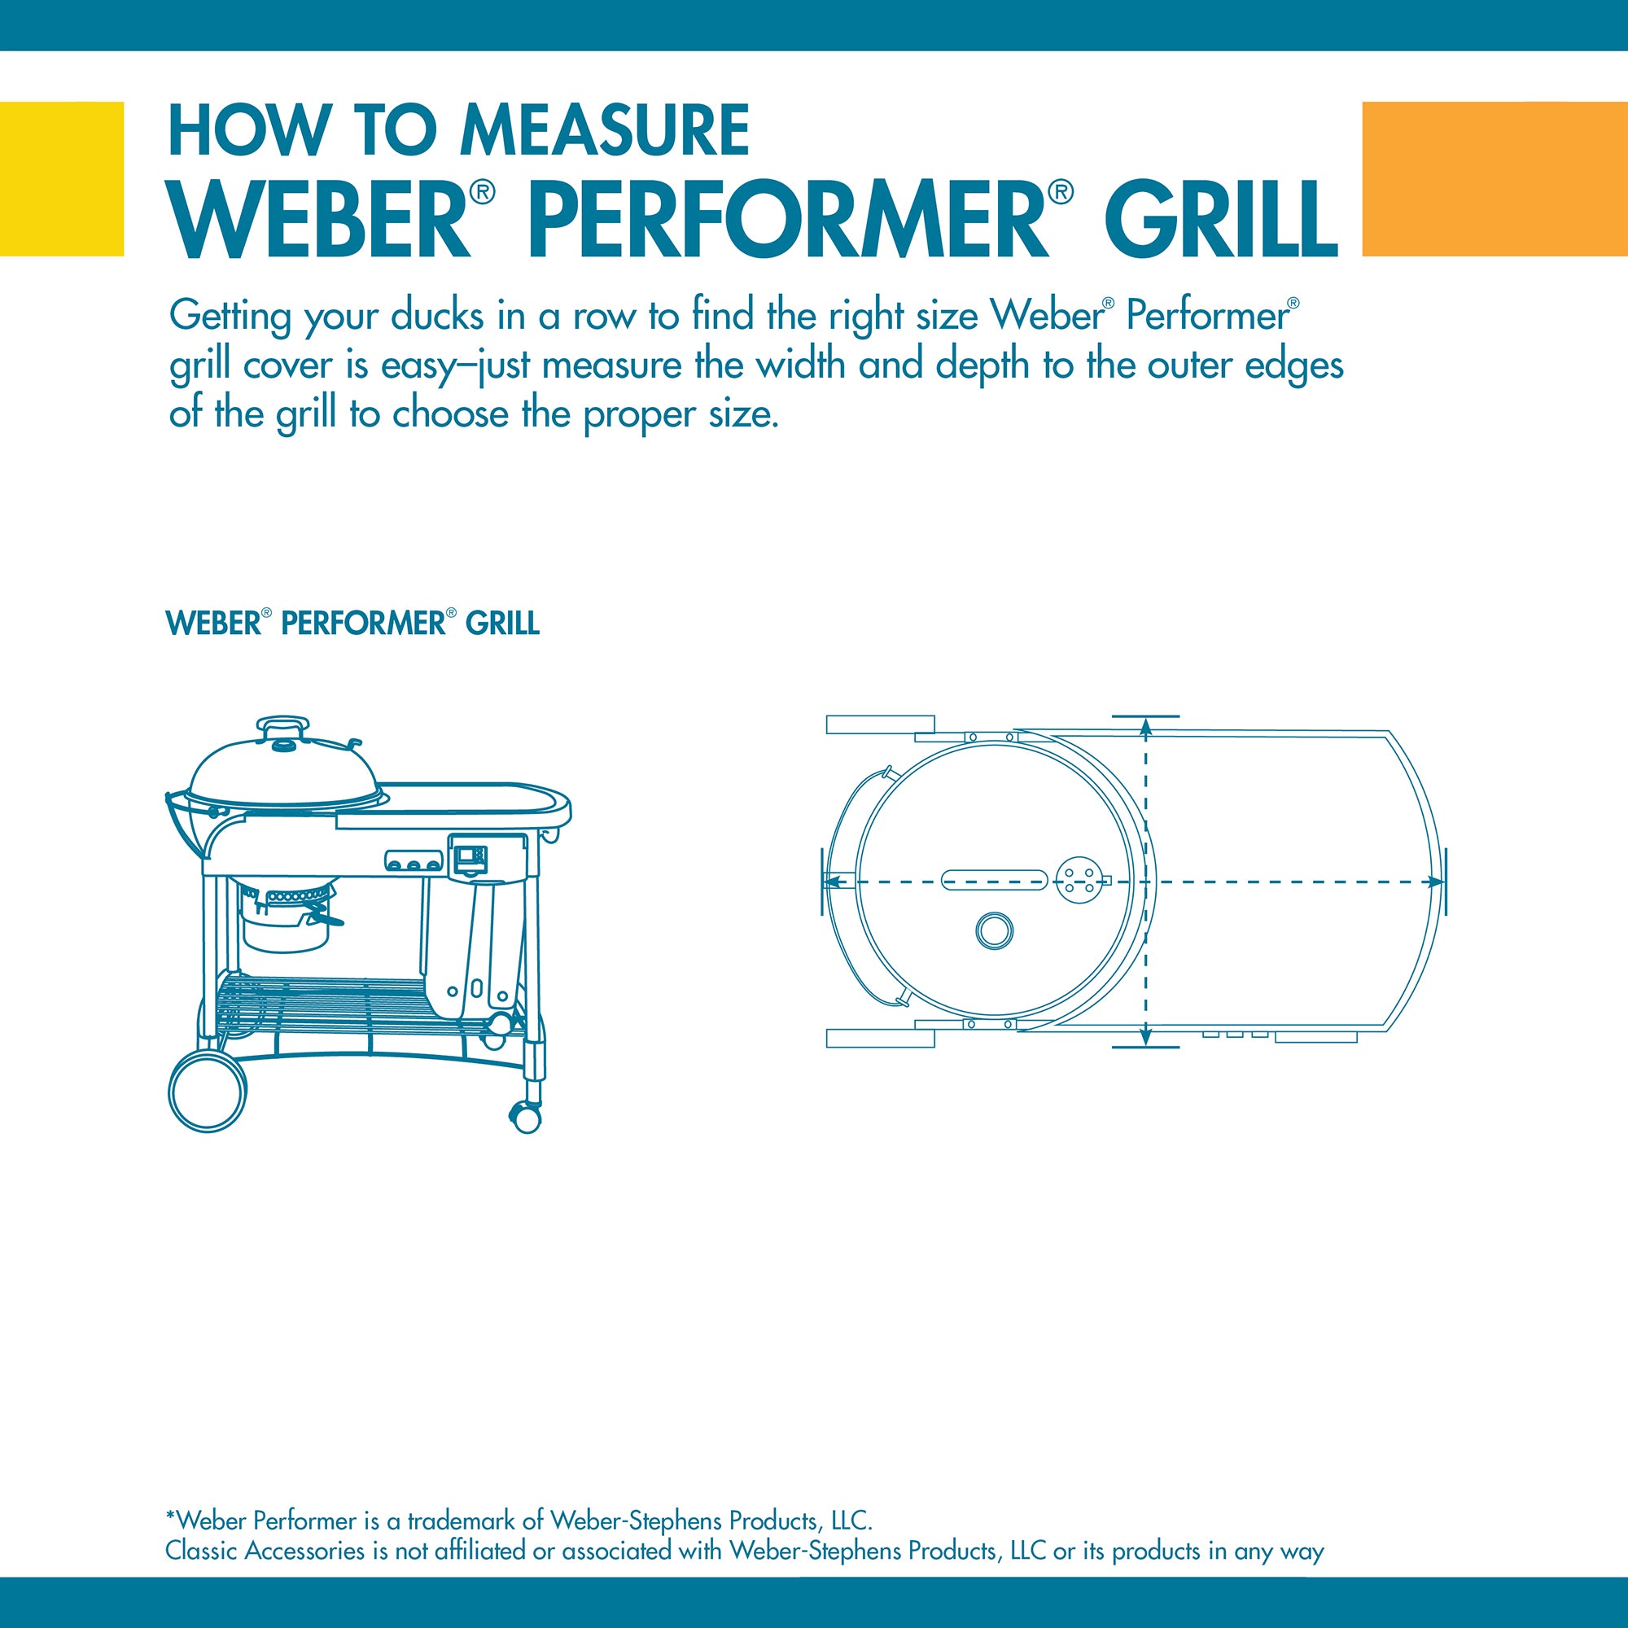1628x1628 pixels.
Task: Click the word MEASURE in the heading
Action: (x=604, y=130)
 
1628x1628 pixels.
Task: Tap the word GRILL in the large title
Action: (x=1221, y=220)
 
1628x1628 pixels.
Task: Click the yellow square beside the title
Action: (x=62, y=178)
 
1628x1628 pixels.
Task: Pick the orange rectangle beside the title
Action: (x=1495, y=178)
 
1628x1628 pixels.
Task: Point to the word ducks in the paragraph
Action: (x=437, y=316)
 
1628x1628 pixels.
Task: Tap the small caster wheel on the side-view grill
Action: (x=526, y=1118)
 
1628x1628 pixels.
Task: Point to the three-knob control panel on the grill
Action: (x=414, y=861)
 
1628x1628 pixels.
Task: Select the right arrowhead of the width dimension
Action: (x=1433, y=882)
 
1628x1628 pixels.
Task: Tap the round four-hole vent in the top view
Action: (x=1079, y=881)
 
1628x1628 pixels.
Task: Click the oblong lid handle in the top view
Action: (x=995, y=881)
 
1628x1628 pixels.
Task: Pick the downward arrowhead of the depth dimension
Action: (x=1145, y=1037)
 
